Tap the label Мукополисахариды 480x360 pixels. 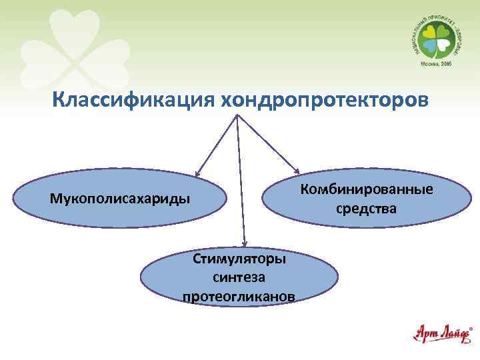tap(119, 199)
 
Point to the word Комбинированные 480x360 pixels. tap(366, 189)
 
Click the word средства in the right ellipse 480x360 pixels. tap(366, 209)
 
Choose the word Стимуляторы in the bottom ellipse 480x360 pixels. tap(239, 258)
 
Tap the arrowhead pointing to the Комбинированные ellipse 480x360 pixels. tap(295, 171)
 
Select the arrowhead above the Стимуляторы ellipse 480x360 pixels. tap(245, 243)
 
